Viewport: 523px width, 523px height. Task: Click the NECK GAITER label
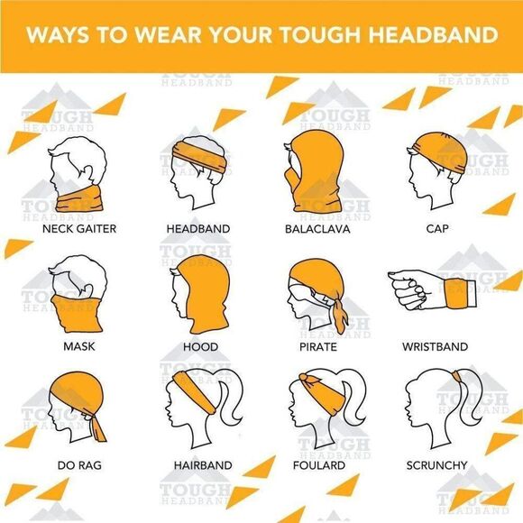79,228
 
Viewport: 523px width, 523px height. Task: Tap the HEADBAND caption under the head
199,228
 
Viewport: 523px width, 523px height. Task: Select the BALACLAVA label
317,228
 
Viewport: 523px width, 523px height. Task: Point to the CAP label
436,228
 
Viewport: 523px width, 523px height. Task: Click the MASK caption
79,346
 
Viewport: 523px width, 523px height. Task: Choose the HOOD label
200,346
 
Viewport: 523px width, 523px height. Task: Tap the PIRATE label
317,346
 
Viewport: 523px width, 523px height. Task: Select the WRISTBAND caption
436,346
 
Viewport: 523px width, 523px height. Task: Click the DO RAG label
79,465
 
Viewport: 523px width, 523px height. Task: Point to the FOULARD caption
319,465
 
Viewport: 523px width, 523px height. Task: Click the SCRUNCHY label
436,465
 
